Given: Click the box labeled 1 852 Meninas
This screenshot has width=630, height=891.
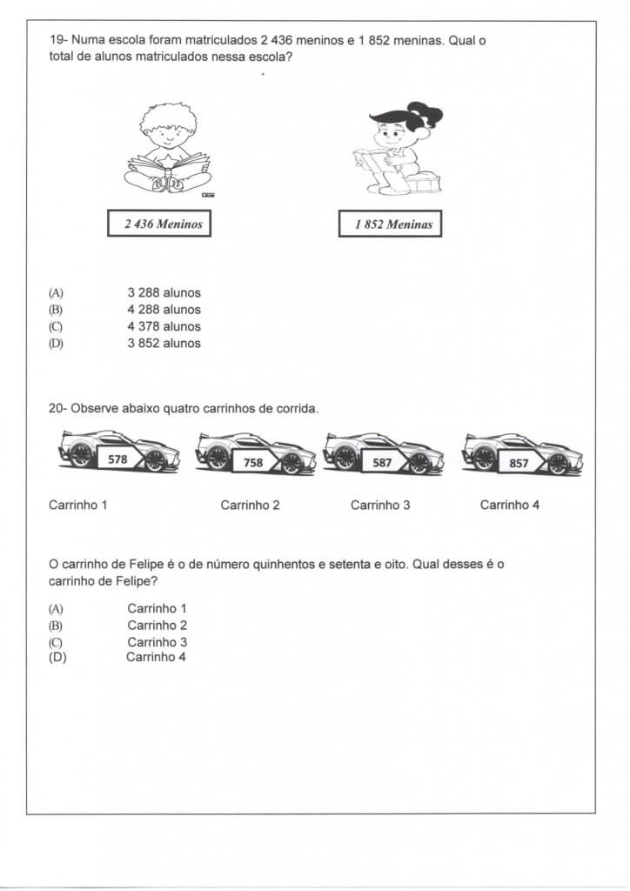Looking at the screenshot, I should (390, 224).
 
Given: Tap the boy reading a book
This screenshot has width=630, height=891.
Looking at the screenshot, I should (169, 149).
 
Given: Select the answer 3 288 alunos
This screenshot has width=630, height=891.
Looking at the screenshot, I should (164, 293).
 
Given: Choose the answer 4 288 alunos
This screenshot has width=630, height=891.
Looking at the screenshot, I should (164, 310).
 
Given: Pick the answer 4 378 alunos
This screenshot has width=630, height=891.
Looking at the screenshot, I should (164, 326).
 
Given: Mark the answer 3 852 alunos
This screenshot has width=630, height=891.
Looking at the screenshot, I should (164, 343).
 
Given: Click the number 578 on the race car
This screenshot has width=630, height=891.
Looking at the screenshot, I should (117, 458).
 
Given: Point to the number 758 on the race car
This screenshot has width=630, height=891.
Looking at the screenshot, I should (253, 463).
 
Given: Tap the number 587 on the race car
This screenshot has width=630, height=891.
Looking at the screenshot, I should (382, 463).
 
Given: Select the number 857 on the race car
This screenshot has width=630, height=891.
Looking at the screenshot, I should (519, 463).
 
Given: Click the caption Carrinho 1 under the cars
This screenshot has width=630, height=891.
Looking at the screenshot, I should (78, 505).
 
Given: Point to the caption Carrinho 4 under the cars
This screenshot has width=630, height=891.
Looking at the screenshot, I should (510, 505).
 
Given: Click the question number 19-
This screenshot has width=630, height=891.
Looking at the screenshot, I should (58, 40).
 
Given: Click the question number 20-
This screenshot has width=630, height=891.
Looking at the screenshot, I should (58, 407).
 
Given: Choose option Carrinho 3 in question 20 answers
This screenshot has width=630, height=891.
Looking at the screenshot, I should (157, 642).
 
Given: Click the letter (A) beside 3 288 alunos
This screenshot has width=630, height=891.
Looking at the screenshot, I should (57, 293).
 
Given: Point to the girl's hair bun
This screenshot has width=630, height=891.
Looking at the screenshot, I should (427, 113).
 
